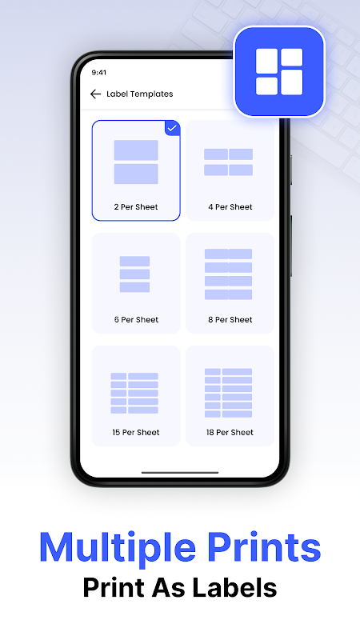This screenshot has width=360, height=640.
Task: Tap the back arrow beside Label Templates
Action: point(95,94)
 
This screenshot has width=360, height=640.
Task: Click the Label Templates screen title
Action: point(139,94)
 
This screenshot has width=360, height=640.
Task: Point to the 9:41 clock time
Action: point(98,73)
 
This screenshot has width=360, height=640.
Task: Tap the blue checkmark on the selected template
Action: point(172,128)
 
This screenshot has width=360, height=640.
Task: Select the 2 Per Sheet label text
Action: point(136,207)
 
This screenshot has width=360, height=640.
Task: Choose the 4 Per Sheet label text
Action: point(230,207)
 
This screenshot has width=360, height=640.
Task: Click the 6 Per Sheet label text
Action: point(136,319)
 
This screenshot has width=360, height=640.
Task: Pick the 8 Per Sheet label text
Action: point(230,319)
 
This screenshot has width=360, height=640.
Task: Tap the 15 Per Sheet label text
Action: point(136,432)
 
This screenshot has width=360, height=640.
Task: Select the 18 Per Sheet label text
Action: point(230,432)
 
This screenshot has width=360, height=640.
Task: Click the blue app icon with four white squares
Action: point(279,72)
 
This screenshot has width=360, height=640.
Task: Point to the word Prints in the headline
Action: point(264,547)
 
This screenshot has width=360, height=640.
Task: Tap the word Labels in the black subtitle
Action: point(234,588)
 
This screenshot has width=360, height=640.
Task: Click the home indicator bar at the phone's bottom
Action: point(180,473)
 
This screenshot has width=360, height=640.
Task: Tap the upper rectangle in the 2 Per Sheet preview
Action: point(136,150)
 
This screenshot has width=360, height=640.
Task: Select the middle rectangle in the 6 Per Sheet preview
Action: point(134,274)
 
